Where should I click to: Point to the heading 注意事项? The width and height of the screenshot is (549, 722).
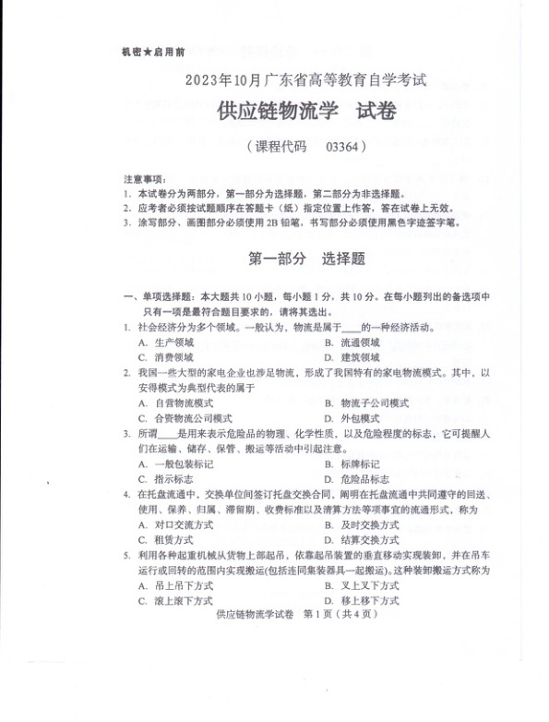click(x=143, y=177)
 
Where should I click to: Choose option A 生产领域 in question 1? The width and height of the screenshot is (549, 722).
click(x=173, y=343)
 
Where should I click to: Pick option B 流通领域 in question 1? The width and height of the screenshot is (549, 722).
click(x=358, y=343)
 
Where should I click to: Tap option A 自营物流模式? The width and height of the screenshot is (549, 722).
click(x=183, y=403)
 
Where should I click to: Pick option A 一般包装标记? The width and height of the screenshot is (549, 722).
click(x=183, y=463)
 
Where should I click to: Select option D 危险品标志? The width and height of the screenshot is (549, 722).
click(x=363, y=479)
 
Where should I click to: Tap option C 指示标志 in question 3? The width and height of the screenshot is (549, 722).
click(x=173, y=479)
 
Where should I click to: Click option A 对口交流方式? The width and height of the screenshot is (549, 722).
click(x=183, y=523)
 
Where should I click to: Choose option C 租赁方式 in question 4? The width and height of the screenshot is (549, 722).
click(x=173, y=539)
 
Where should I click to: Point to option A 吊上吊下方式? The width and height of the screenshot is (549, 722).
click(x=183, y=585)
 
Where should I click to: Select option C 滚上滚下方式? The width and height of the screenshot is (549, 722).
click(x=183, y=600)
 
